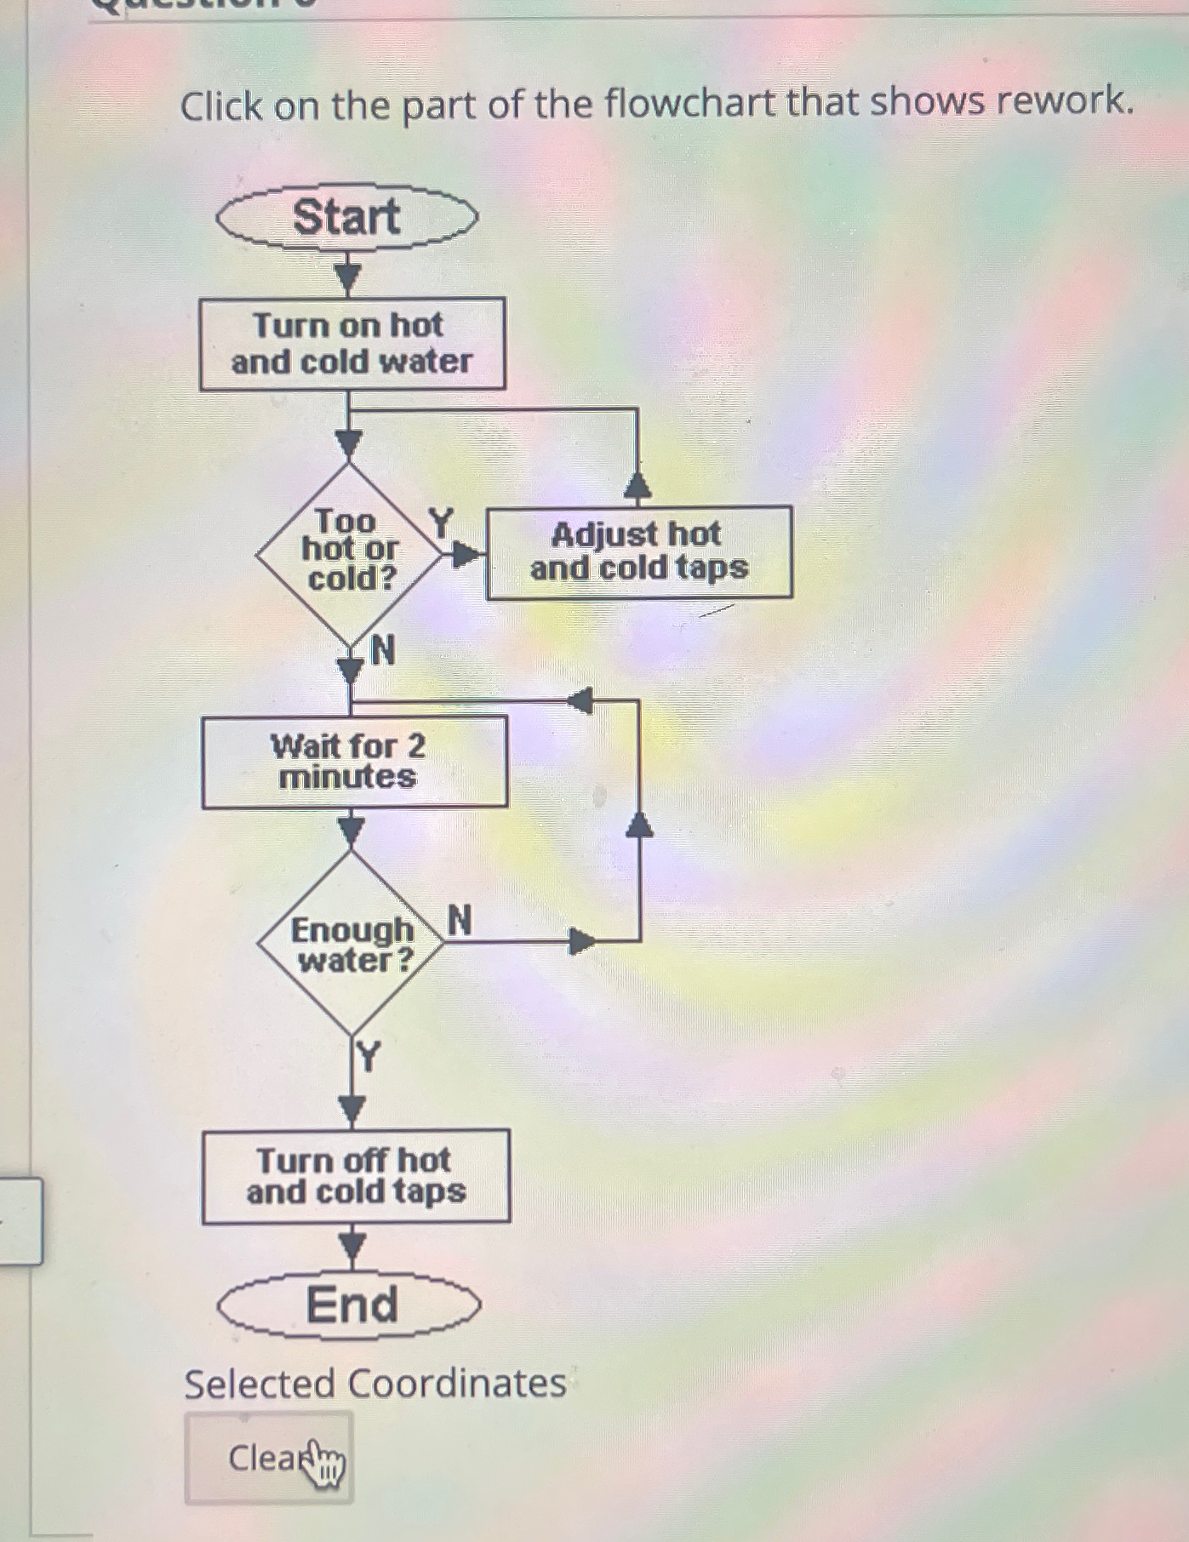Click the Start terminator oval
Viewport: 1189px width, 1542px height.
[x=347, y=218]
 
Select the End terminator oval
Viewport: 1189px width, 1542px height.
[x=350, y=1305]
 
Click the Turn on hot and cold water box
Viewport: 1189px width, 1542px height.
[x=352, y=344]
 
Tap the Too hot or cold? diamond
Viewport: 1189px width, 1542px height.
[x=349, y=551]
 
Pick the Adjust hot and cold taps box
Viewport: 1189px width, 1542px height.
[x=638, y=552]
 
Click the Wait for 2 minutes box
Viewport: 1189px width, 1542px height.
[x=354, y=762]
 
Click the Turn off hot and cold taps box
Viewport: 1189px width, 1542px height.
[x=356, y=1176]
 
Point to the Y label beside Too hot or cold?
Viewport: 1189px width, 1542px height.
[x=441, y=522]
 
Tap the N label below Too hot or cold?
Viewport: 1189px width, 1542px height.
[x=384, y=651]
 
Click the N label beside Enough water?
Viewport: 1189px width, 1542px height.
[x=459, y=920]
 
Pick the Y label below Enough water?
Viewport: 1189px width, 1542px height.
[x=369, y=1057]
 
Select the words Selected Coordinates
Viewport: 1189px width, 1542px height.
[x=375, y=1383]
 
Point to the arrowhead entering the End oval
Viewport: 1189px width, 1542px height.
[x=352, y=1247]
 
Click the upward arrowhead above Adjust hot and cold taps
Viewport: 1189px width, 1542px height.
[x=637, y=486]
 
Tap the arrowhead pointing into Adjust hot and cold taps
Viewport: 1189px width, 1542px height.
[x=465, y=555]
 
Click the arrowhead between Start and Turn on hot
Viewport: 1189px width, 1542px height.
[x=347, y=277]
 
